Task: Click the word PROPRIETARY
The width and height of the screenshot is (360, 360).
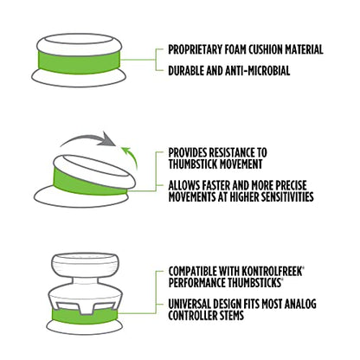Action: (x=195, y=49)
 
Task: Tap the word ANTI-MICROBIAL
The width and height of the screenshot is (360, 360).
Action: (x=257, y=71)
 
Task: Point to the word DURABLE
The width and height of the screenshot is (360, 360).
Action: (x=186, y=71)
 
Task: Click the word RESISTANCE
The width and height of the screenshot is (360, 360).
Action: (x=231, y=152)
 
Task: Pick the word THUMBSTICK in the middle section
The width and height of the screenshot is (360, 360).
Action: (x=192, y=164)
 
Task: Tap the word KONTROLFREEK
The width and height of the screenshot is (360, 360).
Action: (x=272, y=272)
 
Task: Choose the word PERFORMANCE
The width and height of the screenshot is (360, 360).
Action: (x=195, y=283)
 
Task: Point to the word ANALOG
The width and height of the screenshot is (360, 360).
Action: (x=300, y=304)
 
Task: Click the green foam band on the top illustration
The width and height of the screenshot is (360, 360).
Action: (x=78, y=61)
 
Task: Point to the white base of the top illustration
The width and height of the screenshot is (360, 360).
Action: (x=79, y=79)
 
